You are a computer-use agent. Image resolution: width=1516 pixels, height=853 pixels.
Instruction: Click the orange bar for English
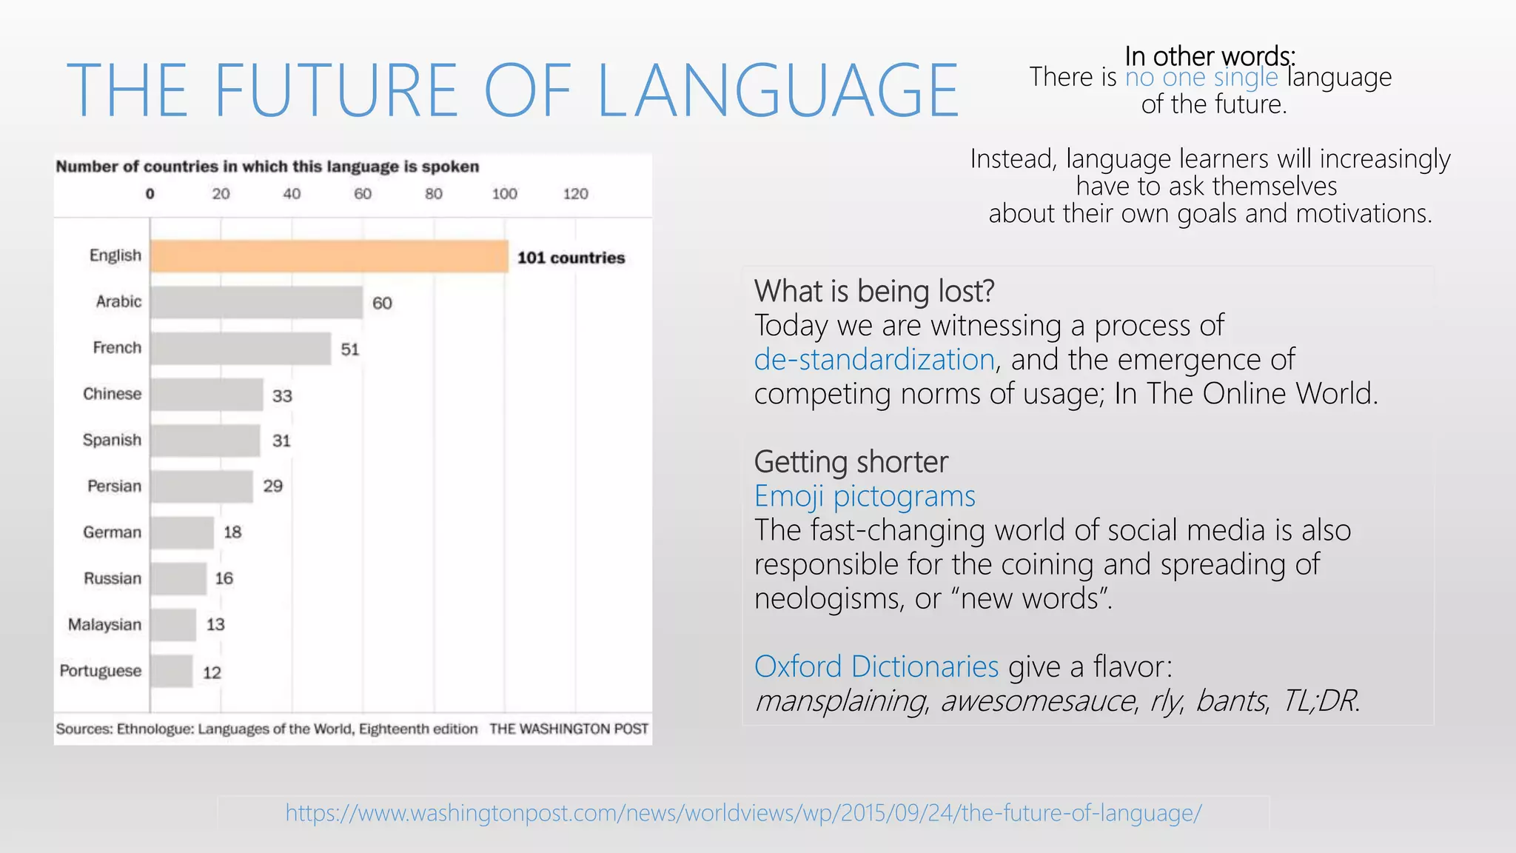329,256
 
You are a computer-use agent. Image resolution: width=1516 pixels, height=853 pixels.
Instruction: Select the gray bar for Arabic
256,302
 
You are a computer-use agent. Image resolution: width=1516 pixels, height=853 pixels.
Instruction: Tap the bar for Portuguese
172,671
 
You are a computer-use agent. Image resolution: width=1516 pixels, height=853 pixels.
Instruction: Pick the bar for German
182,532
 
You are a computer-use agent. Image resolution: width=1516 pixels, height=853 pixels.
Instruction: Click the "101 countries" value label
571,258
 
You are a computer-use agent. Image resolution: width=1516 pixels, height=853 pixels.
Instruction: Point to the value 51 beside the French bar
350,349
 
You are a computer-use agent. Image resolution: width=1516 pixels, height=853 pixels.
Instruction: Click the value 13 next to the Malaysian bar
215,625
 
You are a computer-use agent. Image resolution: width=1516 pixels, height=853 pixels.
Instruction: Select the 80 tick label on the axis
434,194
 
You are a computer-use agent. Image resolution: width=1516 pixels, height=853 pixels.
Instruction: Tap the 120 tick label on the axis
575,194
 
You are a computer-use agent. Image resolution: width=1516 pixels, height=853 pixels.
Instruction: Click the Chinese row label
112,394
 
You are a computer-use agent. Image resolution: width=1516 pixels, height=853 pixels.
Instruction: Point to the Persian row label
114,486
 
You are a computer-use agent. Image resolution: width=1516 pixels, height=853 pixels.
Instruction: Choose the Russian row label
112,578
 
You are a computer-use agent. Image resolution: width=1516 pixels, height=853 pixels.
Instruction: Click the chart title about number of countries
267,167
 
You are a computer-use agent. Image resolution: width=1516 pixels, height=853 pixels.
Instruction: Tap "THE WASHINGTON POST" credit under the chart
568,729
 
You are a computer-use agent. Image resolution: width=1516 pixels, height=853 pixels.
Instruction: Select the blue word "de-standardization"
874,360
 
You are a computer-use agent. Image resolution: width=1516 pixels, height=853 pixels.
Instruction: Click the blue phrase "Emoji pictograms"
865,496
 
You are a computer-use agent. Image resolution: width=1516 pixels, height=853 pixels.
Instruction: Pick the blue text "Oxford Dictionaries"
876,666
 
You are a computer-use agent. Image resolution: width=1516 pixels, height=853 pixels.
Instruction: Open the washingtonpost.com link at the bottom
743,813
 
